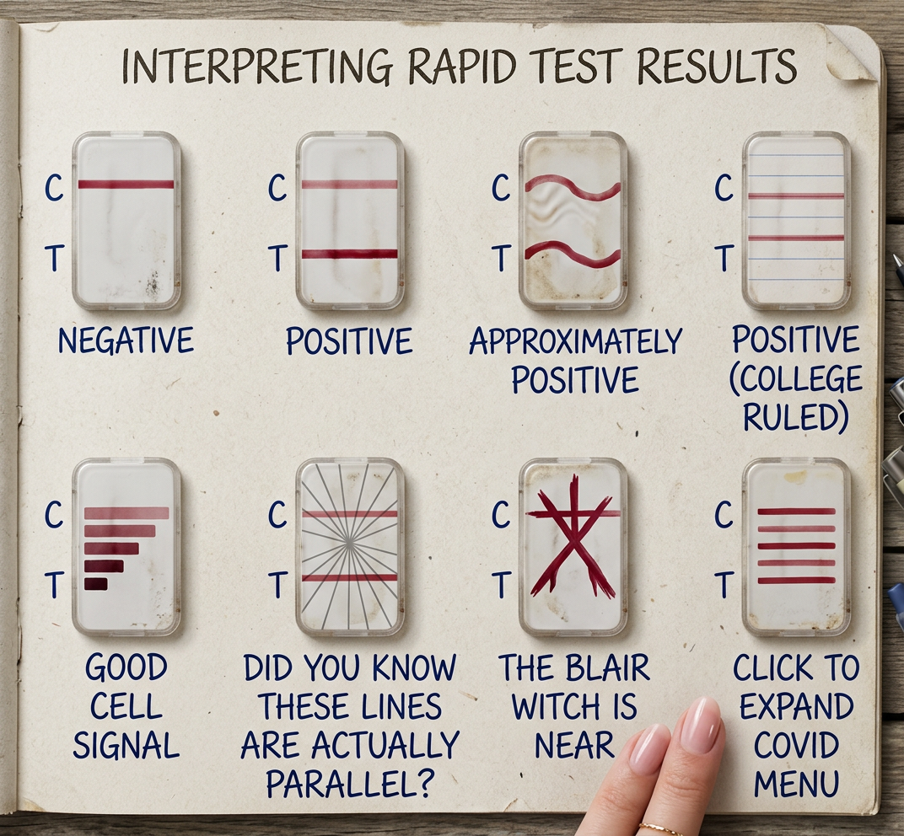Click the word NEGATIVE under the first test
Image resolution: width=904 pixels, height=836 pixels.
[126, 341]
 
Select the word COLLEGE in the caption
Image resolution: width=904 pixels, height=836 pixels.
[796, 379]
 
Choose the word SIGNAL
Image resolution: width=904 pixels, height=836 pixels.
[126, 746]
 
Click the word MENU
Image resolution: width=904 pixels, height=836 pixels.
[796, 784]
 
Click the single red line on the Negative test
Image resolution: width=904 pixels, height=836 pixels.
[126, 184]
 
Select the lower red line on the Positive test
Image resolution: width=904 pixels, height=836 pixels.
[349, 254]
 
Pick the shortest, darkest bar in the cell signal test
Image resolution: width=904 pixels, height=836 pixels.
[95, 584]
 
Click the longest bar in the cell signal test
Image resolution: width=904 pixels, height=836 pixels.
[126, 512]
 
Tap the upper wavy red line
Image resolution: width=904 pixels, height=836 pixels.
[573, 187]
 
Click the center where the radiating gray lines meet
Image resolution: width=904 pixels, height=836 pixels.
[349, 545]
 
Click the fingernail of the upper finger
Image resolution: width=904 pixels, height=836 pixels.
[702, 725]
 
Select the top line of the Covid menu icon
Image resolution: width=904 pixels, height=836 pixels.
[796, 512]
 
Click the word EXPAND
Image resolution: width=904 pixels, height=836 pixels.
[796, 707]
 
